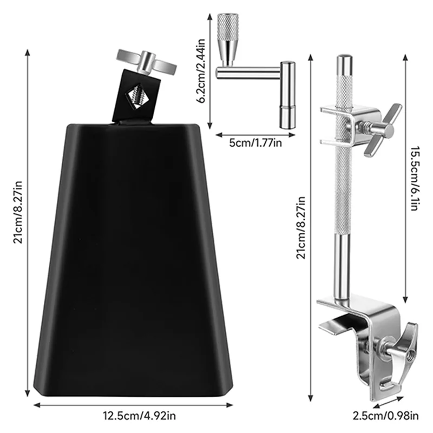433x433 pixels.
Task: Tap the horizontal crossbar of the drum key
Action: click(249, 71)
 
